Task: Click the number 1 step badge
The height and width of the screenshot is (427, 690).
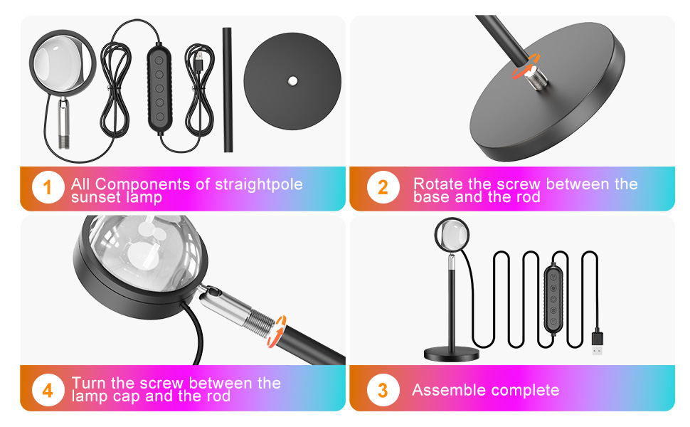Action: pos(48,188)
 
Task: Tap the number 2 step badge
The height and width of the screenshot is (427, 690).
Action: pos(383,188)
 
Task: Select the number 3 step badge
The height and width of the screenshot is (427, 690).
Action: pos(383,390)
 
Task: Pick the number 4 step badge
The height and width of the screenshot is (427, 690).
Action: pos(48,390)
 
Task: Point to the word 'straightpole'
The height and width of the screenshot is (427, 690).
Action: pos(259,184)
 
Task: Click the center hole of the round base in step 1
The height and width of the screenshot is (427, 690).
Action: pos(292,80)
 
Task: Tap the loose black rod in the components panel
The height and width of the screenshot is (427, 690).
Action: pos(228,90)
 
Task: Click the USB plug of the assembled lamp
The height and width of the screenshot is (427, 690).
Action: pos(597,342)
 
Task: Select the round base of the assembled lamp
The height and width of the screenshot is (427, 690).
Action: pos(452,354)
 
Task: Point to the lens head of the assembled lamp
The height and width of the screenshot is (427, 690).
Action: pos(452,235)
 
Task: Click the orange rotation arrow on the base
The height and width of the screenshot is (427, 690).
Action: pos(525,66)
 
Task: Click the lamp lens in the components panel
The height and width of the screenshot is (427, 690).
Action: pos(63,63)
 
